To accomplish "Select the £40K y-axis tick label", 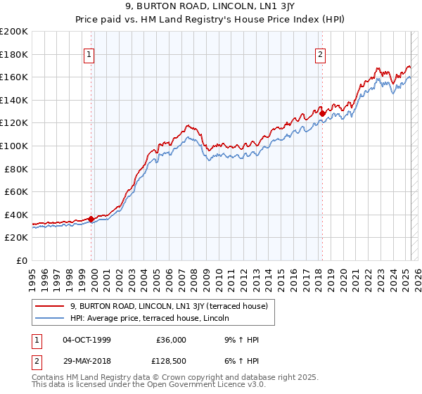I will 16,215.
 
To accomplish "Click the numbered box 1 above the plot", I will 90,55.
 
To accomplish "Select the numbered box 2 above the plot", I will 321,55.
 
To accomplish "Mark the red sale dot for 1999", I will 91,219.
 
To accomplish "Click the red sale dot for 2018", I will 322,113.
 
